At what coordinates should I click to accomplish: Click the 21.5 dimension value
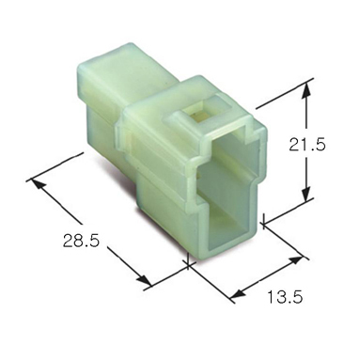point(307,145)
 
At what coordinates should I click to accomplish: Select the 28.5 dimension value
point(81,241)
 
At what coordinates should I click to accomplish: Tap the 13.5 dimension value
point(285,297)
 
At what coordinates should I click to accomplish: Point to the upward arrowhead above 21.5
point(307,90)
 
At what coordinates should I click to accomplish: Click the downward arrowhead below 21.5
point(307,194)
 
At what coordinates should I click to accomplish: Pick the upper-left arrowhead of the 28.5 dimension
point(39,185)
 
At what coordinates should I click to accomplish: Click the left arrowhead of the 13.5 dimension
point(237,293)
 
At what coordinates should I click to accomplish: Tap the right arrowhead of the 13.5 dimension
point(296,260)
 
